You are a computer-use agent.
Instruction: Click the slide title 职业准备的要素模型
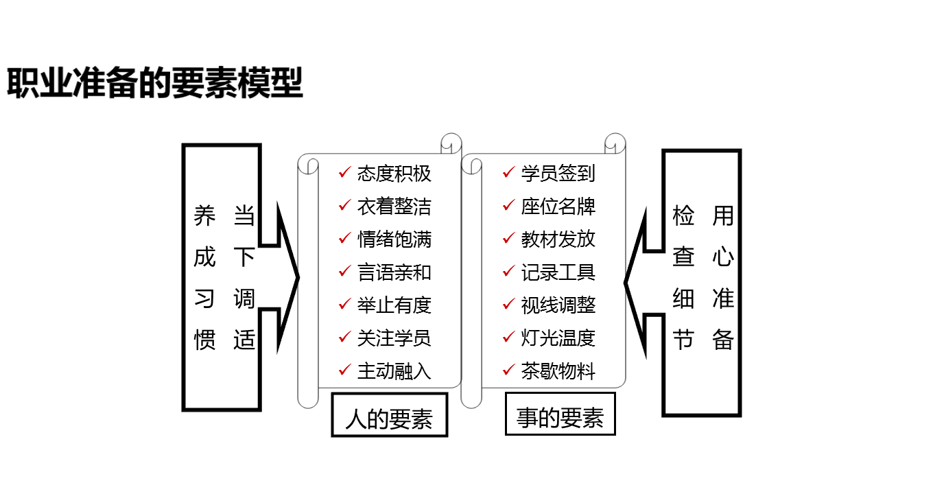pos(155,84)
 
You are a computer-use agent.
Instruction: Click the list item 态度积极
pos(394,174)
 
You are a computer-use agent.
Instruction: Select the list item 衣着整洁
pos(394,207)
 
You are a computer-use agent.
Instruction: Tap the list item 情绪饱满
pos(394,239)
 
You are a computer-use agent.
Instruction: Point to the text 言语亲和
pos(394,272)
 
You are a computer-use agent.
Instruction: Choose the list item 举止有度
pos(394,305)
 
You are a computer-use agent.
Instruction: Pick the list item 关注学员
pos(394,338)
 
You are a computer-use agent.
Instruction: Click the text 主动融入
pos(394,371)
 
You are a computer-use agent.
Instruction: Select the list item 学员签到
pos(558,174)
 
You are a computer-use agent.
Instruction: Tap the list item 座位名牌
pos(558,207)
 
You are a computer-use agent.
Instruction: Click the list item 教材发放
pos(558,239)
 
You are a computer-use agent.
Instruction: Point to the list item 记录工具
pos(558,272)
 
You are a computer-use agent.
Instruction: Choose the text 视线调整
pos(558,305)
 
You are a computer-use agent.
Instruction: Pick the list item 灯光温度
pos(558,338)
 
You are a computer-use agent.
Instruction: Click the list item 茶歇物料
pos(558,371)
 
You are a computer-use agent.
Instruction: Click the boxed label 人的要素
pos(389,418)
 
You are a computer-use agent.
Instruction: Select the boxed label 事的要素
pos(560,416)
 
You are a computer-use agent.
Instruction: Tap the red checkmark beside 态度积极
pos(344,172)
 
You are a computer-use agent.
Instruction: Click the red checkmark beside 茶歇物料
pos(508,370)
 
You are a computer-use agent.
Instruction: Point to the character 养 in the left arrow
pos(204,216)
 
